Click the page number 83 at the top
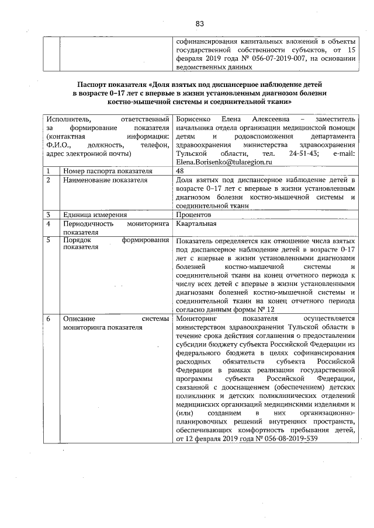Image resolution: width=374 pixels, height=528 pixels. tap(199, 23)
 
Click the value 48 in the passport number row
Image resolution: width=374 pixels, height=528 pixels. tap(179, 170)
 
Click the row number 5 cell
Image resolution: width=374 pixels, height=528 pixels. tap(49, 240)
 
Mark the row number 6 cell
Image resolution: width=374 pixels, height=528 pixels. tap(49, 319)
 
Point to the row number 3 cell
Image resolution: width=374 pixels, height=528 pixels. tap(49, 215)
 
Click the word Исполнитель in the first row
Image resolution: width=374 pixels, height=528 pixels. tap(70, 120)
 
